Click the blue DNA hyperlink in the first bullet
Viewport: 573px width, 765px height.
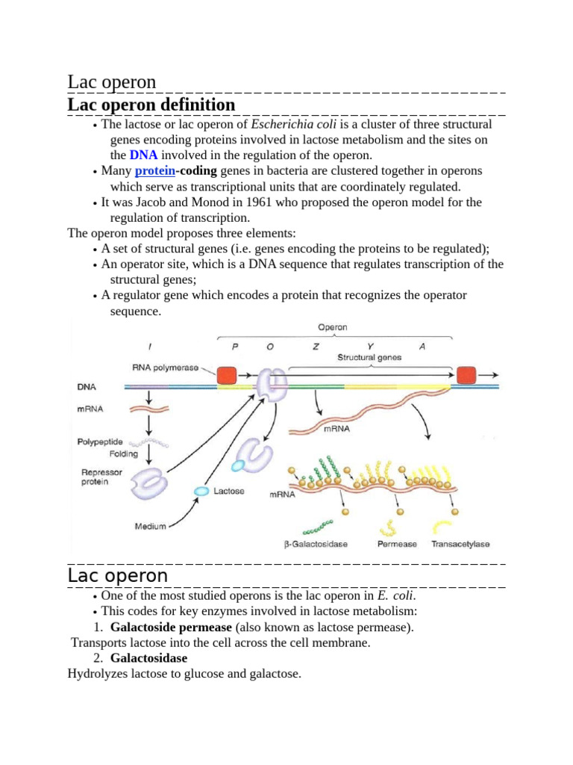143,155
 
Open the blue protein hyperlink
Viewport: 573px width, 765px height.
154,171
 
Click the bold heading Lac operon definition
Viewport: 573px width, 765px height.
151,105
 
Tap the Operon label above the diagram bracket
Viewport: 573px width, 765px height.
332,326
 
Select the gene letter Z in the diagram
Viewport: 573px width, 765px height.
316,346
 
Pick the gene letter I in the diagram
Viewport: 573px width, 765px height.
151,346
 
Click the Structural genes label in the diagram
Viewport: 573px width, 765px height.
369,357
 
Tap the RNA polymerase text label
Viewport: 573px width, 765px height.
165,367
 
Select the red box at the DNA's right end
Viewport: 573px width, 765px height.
467,376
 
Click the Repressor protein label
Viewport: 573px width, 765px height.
100,477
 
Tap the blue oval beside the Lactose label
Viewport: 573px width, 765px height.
201,491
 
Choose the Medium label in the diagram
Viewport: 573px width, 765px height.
150,526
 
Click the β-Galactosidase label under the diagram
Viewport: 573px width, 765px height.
316,545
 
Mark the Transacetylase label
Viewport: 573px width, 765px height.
461,545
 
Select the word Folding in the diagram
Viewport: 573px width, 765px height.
123,453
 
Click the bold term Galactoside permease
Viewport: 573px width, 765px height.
171,627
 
